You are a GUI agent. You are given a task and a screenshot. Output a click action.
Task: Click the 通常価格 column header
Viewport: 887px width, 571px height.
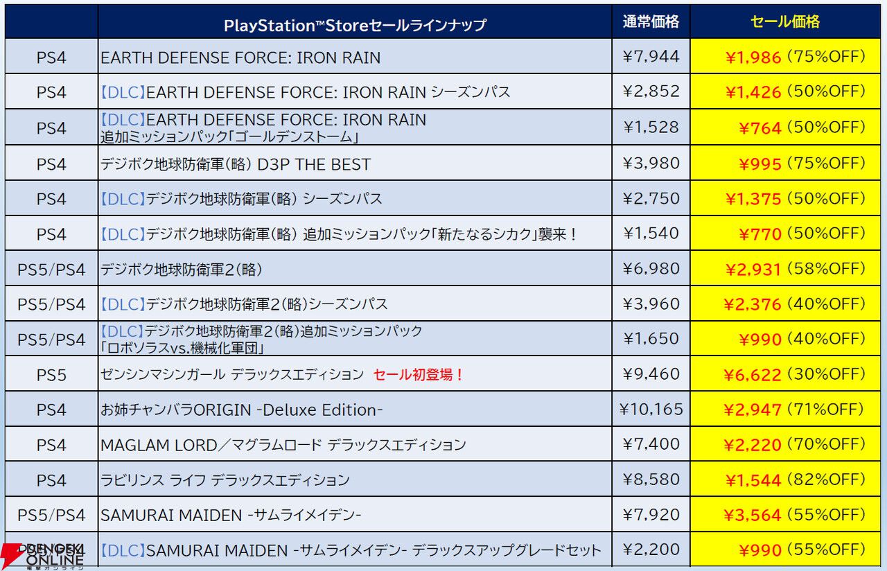tap(651, 22)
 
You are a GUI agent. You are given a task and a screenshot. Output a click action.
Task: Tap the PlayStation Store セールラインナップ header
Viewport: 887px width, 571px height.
tap(355, 26)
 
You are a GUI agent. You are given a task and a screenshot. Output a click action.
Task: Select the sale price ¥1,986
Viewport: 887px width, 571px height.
tap(753, 58)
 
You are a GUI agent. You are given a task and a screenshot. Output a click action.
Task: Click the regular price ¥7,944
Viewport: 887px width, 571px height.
tap(651, 56)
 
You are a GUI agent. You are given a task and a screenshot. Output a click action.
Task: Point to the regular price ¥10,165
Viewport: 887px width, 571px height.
tap(651, 410)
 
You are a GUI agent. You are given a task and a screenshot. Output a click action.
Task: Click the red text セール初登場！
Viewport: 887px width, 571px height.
tap(419, 375)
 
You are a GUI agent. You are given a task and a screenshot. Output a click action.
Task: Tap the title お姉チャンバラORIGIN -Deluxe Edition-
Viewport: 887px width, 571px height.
tap(242, 410)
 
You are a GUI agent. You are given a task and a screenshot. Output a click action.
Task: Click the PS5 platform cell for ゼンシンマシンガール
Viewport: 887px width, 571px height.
tap(51, 375)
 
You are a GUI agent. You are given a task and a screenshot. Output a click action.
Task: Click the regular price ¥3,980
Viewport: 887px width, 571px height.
tap(651, 163)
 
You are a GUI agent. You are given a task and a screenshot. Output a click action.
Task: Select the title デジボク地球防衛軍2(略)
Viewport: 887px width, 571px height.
tap(182, 269)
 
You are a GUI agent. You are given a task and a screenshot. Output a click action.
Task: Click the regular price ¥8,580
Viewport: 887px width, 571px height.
tap(651, 480)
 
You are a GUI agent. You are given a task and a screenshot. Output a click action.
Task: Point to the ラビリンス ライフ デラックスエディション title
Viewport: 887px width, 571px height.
tap(225, 480)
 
